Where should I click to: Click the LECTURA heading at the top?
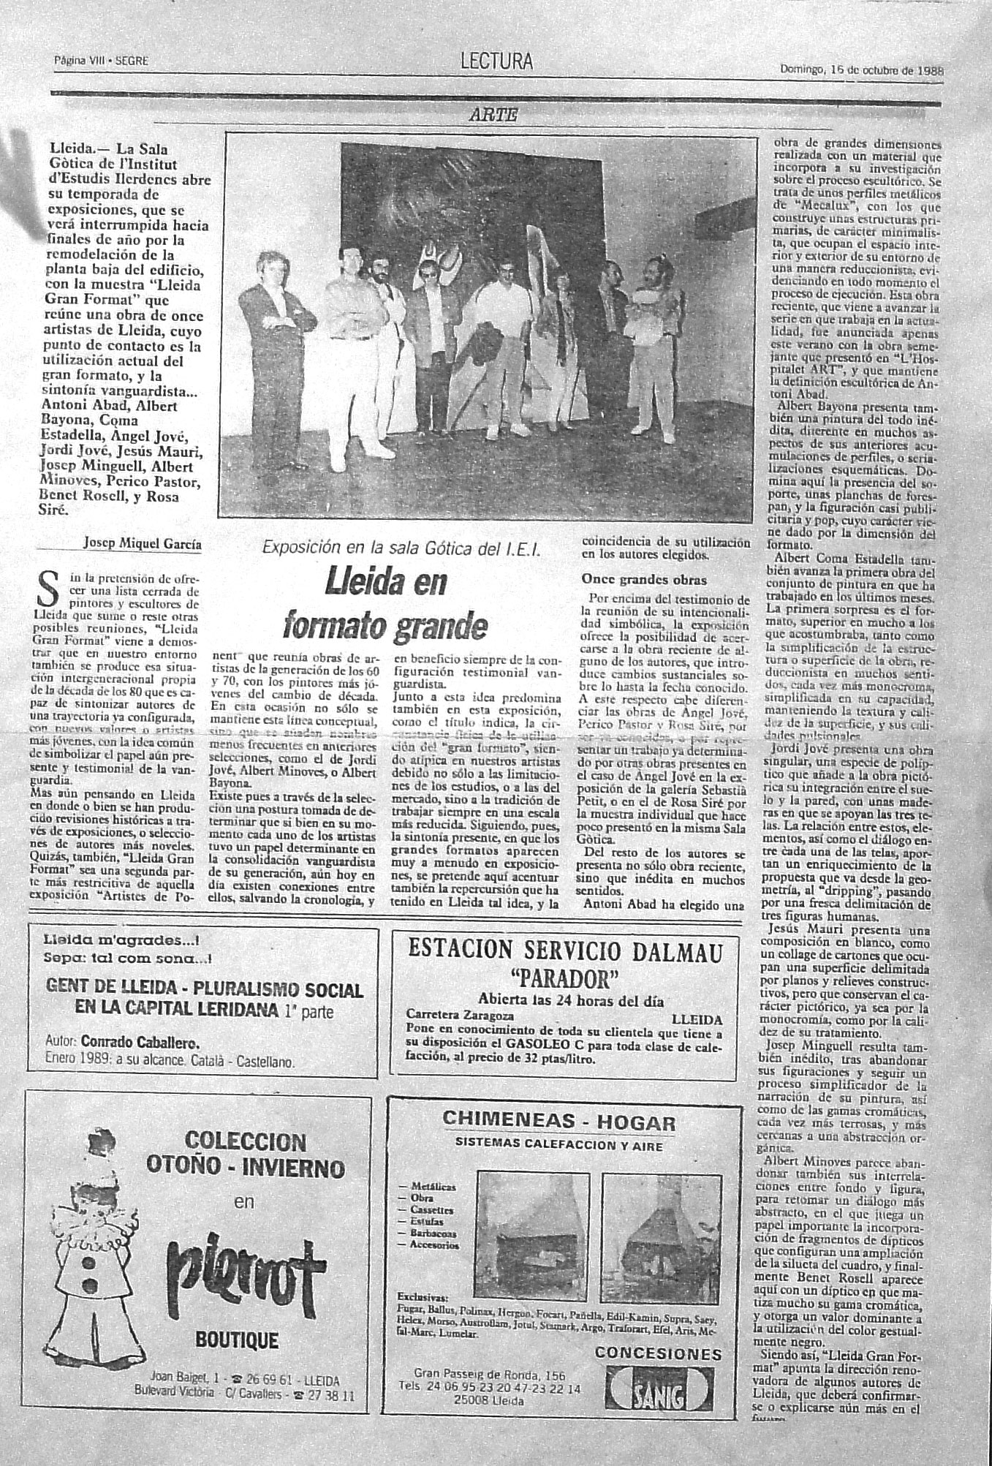[496, 63]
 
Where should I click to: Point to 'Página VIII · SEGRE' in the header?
[101, 61]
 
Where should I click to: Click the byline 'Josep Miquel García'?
[142, 543]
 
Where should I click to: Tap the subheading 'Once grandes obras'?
[644, 580]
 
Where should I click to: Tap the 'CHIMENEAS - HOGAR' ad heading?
[559, 1122]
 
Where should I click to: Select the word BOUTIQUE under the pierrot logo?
[237, 1340]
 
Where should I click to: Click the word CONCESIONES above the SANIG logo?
[659, 1353]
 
